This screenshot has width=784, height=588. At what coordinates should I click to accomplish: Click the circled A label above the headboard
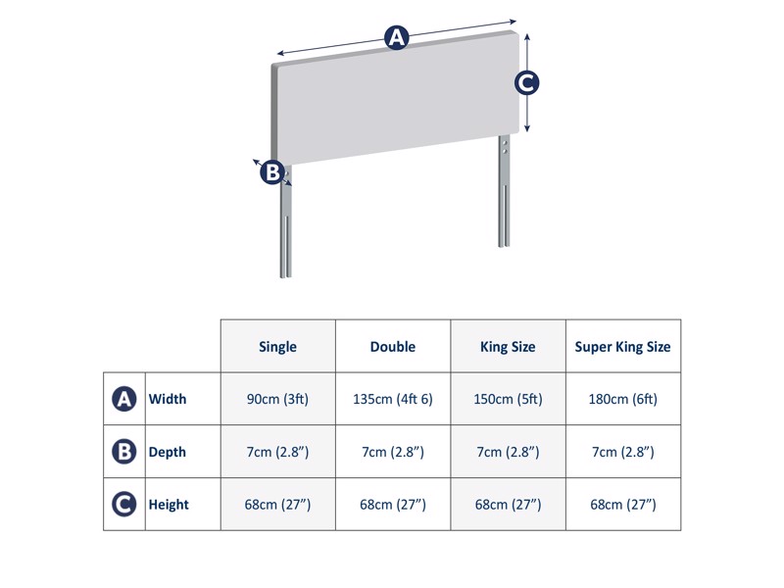[x=396, y=38]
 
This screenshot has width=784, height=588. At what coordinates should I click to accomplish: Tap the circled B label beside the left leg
[x=272, y=172]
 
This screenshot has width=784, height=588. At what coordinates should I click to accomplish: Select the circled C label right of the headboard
[x=527, y=83]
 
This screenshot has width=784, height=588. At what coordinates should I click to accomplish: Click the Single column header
[x=277, y=347]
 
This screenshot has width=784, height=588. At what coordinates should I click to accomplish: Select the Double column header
[x=393, y=347]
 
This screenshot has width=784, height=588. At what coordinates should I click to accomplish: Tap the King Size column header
[x=508, y=347]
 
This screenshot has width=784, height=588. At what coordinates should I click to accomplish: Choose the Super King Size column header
[x=622, y=347]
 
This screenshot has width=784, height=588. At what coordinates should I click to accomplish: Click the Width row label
[x=167, y=399]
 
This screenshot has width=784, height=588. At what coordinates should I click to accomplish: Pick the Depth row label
[x=167, y=452]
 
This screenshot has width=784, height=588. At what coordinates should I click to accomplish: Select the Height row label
[x=168, y=505]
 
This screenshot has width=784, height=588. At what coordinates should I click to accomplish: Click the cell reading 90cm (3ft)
[x=277, y=399]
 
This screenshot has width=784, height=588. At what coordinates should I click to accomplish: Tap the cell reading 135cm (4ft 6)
[x=393, y=399]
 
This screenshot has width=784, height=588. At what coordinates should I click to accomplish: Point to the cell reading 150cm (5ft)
[x=508, y=399]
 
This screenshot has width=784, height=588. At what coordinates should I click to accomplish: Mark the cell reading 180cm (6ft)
[x=622, y=399]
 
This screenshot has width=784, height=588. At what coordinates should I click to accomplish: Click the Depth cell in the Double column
[x=393, y=452]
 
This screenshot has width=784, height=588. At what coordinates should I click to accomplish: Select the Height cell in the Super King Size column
[x=622, y=505]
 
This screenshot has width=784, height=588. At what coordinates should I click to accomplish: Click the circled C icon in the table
[x=123, y=505]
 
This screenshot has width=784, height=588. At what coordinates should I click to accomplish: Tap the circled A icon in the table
[x=123, y=399]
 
